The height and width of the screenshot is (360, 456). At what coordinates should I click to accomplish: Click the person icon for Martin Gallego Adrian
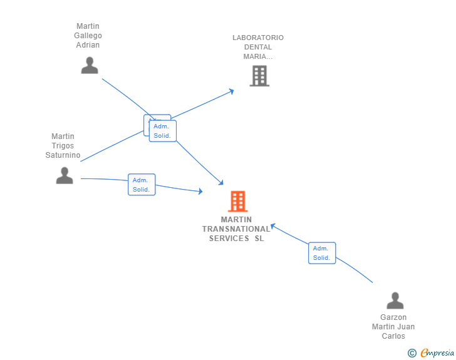point(90,65)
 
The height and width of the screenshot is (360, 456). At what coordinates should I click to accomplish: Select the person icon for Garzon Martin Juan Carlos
point(395,301)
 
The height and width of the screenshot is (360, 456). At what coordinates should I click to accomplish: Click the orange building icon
point(237,201)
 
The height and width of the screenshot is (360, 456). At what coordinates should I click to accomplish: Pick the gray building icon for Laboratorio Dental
point(259,76)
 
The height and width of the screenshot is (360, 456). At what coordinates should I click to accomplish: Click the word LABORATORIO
point(258,38)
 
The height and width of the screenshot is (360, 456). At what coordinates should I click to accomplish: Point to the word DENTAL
point(258,47)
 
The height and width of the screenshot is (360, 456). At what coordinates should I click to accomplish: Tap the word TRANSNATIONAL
point(236,229)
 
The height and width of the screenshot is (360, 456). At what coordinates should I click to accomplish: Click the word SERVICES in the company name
point(229,239)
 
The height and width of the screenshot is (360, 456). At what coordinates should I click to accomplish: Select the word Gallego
point(88,36)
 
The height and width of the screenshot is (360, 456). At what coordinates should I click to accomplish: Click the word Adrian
point(88,45)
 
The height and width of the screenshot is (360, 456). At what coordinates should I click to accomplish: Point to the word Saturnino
point(63,155)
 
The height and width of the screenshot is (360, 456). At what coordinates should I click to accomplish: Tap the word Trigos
point(63,146)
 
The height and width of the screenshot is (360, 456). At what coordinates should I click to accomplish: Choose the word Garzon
point(393,317)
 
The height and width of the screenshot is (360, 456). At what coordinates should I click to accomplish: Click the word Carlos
point(393,336)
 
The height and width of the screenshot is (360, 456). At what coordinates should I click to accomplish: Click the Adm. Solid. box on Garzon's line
point(322,253)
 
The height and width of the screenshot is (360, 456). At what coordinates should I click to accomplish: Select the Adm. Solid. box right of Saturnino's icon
point(142,185)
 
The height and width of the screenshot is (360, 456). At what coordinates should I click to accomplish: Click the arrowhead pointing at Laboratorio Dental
point(231,91)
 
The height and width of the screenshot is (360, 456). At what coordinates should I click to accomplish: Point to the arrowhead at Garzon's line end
point(272,226)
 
